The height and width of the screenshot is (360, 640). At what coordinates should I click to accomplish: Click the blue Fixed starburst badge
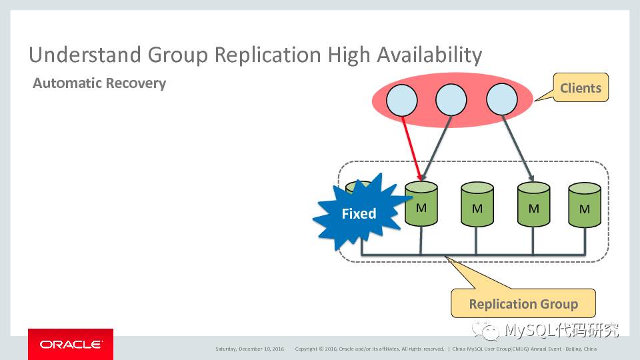[357, 213]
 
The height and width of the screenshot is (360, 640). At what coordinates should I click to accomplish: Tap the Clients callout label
[580, 88]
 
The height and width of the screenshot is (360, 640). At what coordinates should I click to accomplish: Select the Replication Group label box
[523, 304]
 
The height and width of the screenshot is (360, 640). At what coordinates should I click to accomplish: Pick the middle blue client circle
[451, 101]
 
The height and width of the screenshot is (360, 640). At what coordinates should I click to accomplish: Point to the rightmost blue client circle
[501, 101]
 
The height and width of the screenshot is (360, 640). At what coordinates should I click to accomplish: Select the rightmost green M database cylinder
[584, 207]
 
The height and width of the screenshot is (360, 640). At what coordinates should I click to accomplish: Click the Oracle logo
[71, 345]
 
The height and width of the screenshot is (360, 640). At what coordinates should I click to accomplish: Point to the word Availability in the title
[429, 55]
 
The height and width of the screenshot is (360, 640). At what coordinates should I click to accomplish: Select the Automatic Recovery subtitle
[99, 83]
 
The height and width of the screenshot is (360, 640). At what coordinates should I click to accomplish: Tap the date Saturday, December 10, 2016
[249, 349]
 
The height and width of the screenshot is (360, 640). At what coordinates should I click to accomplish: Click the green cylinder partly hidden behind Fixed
[363, 189]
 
